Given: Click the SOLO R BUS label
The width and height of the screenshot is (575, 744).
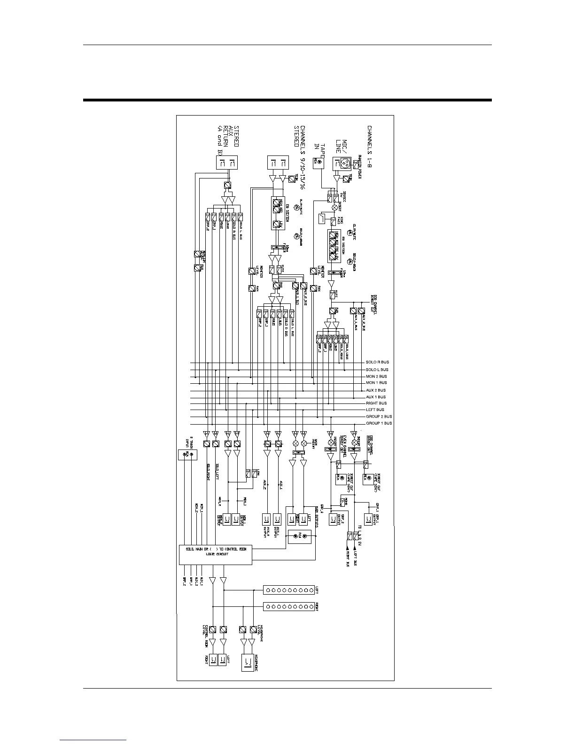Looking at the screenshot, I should [377, 362].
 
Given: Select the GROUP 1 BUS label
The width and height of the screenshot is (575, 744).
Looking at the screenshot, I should [379, 423].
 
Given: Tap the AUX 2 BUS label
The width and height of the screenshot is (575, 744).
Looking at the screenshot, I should [376, 390].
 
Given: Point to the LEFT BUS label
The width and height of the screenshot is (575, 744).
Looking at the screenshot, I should [375, 410].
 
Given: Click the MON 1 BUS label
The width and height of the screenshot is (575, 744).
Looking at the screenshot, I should [376, 383].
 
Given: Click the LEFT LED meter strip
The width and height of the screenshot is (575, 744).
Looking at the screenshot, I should [288, 589].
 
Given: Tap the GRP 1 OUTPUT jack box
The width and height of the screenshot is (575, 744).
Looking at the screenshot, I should [367, 519].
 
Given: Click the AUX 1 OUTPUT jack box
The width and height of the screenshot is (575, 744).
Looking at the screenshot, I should [278, 519].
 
